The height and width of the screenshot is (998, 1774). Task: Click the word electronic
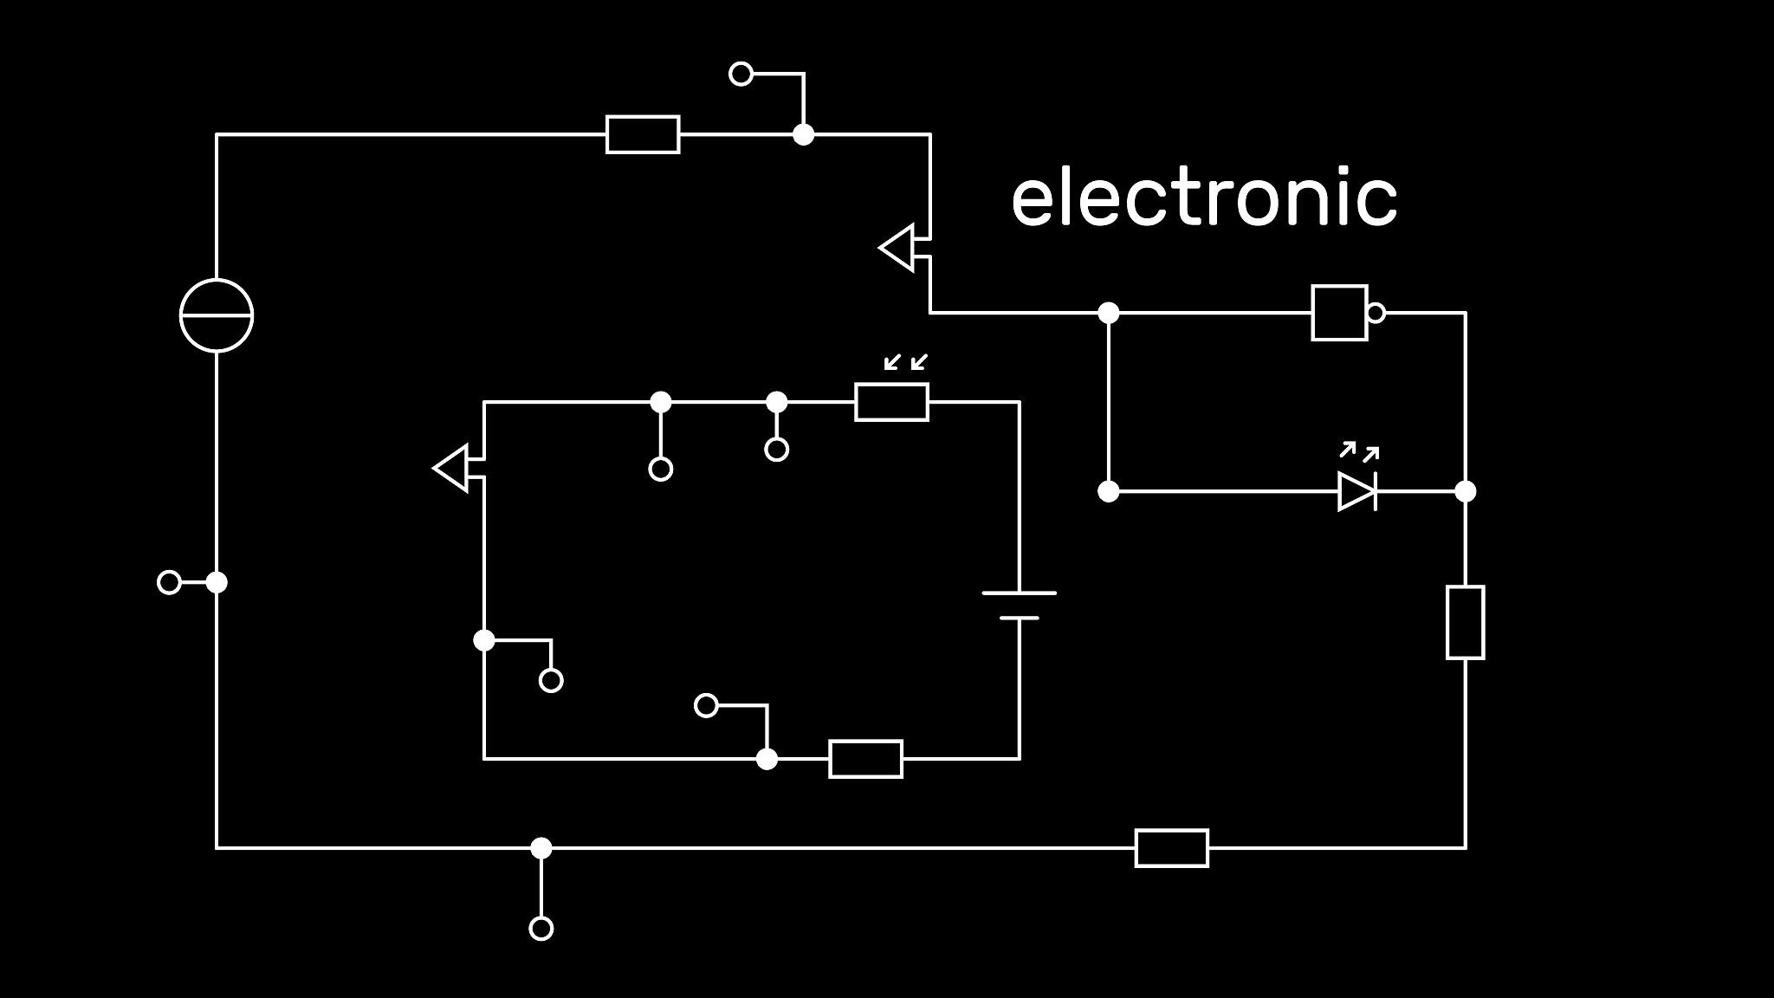click(x=1204, y=198)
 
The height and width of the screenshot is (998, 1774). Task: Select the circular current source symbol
click(x=217, y=315)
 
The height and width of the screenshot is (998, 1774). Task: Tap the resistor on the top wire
click(x=643, y=134)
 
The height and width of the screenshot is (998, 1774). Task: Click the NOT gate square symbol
click(x=1339, y=313)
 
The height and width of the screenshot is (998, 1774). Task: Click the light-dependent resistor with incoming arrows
click(x=891, y=402)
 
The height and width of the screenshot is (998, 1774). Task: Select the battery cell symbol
click(x=1020, y=606)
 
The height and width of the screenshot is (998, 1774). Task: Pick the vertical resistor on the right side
click(x=1465, y=622)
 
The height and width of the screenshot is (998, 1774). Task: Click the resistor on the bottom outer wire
click(x=1171, y=848)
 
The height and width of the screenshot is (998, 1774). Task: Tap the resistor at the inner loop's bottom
click(x=865, y=759)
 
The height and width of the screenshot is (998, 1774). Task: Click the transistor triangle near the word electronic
click(x=898, y=248)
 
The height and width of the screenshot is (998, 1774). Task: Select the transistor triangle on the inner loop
click(x=452, y=469)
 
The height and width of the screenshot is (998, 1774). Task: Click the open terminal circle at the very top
click(x=741, y=74)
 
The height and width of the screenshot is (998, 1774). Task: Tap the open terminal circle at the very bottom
click(x=541, y=929)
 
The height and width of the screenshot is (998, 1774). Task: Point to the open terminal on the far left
click(x=169, y=582)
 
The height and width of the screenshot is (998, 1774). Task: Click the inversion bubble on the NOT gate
click(x=1376, y=313)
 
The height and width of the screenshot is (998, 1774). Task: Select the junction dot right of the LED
click(x=1465, y=491)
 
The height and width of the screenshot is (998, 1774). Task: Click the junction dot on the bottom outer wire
click(x=541, y=848)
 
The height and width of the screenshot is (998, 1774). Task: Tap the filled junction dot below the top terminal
click(x=804, y=134)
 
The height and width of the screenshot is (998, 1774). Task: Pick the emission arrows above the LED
click(x=1359, y=451)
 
